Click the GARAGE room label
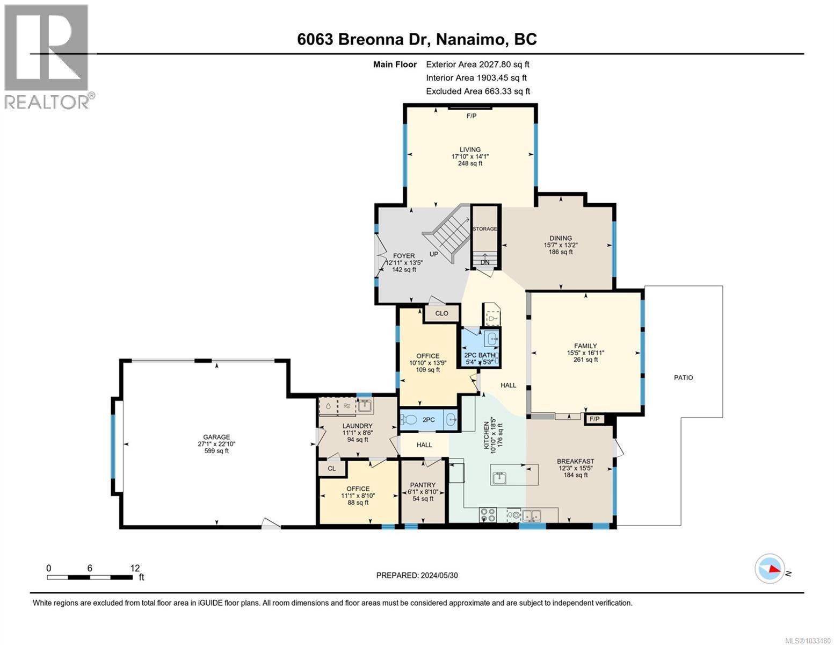216,437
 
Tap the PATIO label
683,378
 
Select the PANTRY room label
423,485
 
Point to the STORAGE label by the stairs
484,229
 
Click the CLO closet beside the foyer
441,313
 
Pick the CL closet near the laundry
331,469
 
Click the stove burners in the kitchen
489,515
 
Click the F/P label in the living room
471,116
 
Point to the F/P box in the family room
594,419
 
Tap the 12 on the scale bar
135,568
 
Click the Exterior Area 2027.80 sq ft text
477,64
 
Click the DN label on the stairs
485,262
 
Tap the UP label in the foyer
434,254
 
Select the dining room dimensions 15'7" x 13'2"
560,245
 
